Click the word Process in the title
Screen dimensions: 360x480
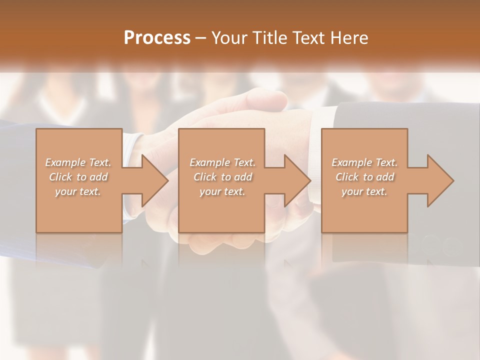click(x=157, y=38)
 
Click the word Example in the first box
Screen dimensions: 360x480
click(x=65, y=162)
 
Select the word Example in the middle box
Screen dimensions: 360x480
click(x=209, y=162)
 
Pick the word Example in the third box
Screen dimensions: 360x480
click(x=351, y=162)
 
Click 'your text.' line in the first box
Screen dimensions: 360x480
click(x=78, y=191)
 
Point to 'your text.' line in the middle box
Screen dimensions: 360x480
click(x=222, y=191)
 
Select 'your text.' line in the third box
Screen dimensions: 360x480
click(x=364, y=191)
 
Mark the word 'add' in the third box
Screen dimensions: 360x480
click(x=385, y=177)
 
